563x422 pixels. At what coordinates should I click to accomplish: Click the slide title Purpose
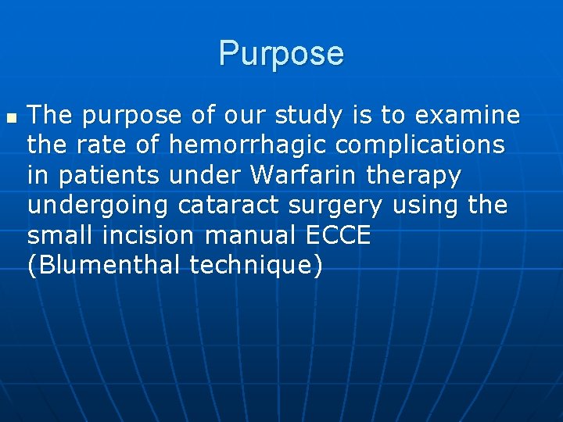pyautogui.click(x=281, y=54)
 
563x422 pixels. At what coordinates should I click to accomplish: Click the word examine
pyautogui.click(x=468, y=116)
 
